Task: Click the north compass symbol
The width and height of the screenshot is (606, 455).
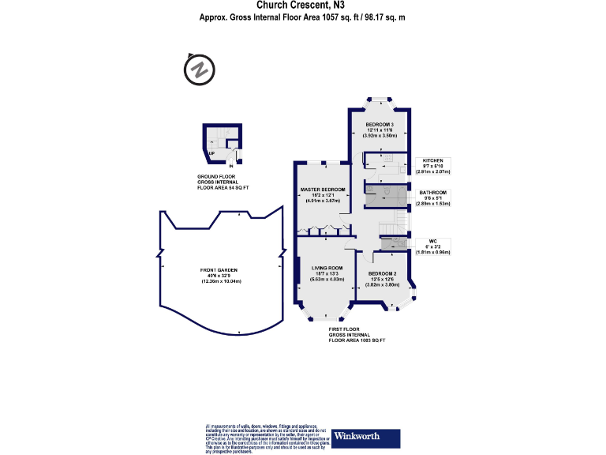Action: click(200, 70)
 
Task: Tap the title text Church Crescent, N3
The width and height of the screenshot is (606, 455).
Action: click(303, 6)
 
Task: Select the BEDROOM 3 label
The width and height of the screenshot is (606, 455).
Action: click(379, 125)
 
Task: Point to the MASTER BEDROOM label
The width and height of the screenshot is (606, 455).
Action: click(323, 190)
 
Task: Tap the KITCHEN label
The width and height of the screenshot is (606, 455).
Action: click(433, 159)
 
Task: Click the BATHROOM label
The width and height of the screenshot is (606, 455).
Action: click(433, 193)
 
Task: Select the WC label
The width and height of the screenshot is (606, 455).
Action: click(432, 241)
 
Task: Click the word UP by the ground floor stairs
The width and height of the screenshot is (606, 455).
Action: click(211, 153)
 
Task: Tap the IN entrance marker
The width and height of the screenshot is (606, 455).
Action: click(230, 166)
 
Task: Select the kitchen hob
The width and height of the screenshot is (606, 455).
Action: click(389, 157)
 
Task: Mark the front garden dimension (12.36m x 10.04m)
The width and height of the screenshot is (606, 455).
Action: click(220, 282)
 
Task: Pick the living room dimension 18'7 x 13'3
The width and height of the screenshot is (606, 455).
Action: click(326, 273)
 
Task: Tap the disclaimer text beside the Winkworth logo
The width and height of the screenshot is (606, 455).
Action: click(265, 436)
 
